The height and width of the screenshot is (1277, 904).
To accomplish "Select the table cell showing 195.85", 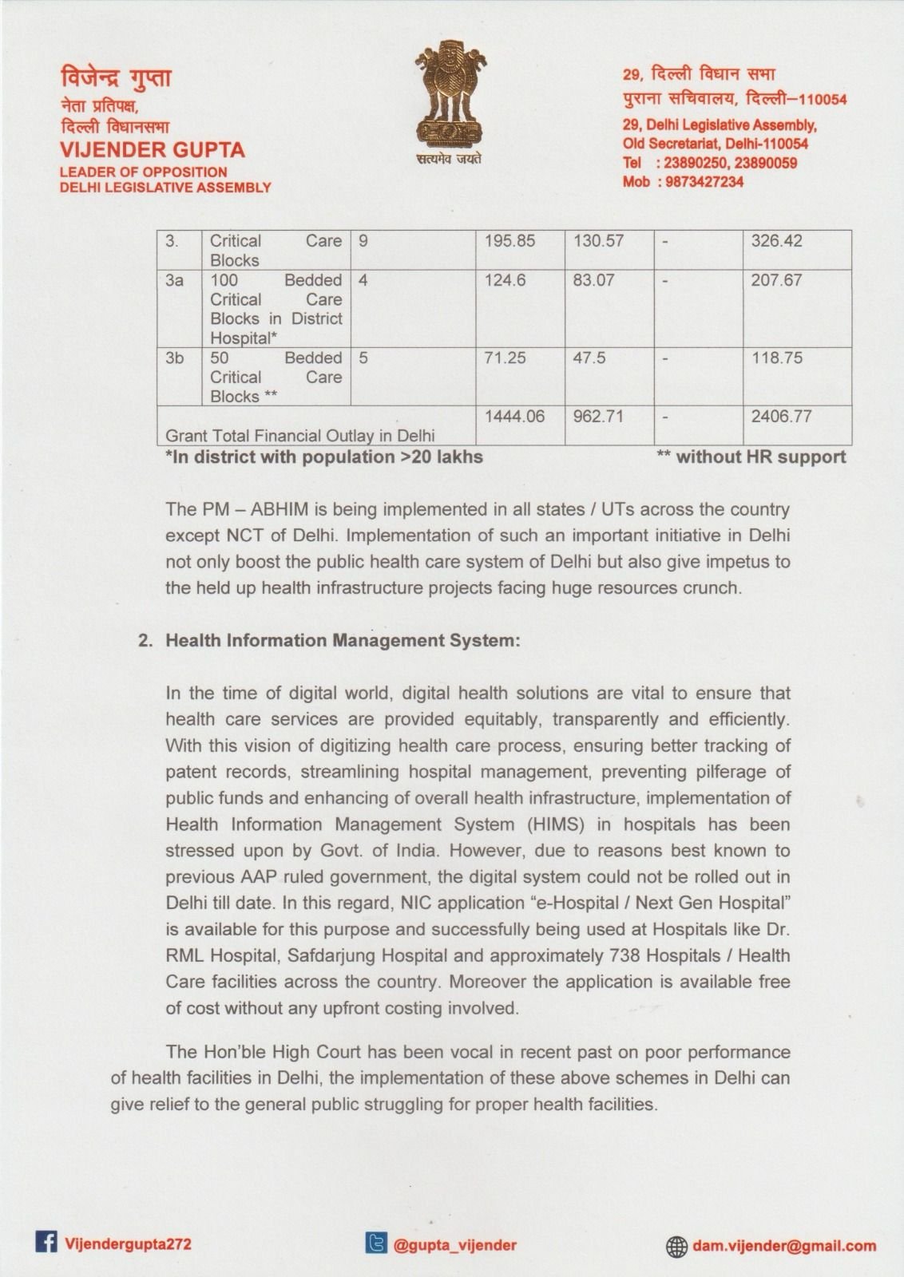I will tap(509, 241).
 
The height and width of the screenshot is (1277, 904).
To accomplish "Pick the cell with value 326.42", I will tap(776, 241).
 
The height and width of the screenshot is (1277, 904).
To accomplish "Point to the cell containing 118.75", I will tap(776, 358).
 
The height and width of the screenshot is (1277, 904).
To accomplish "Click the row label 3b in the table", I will tap(174, 358).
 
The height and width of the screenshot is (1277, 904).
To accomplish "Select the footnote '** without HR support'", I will tap(751, 457).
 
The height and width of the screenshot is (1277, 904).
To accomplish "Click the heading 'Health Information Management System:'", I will tap(343, 641).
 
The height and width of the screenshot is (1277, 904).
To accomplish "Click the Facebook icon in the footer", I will tap(46, 1243).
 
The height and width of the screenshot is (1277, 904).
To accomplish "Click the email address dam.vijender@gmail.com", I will tap(784, 1246).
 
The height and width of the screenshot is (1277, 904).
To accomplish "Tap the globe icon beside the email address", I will tap(676, 1246).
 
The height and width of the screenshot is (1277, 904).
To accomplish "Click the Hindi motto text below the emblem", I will tap(448, 159).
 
